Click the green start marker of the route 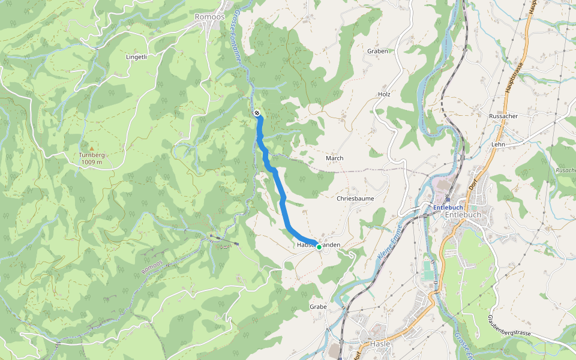point(319,246)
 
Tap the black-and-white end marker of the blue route point(257,113)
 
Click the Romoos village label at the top point(210,17)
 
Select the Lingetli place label point(136,57)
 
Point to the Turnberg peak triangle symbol point(91,148)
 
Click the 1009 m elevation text point(91,162)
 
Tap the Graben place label point(377,51)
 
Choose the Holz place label point(384,94)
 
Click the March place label point(334,158)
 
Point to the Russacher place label point(503,116)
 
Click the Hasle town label point(380,343)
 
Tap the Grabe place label point(318,307)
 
